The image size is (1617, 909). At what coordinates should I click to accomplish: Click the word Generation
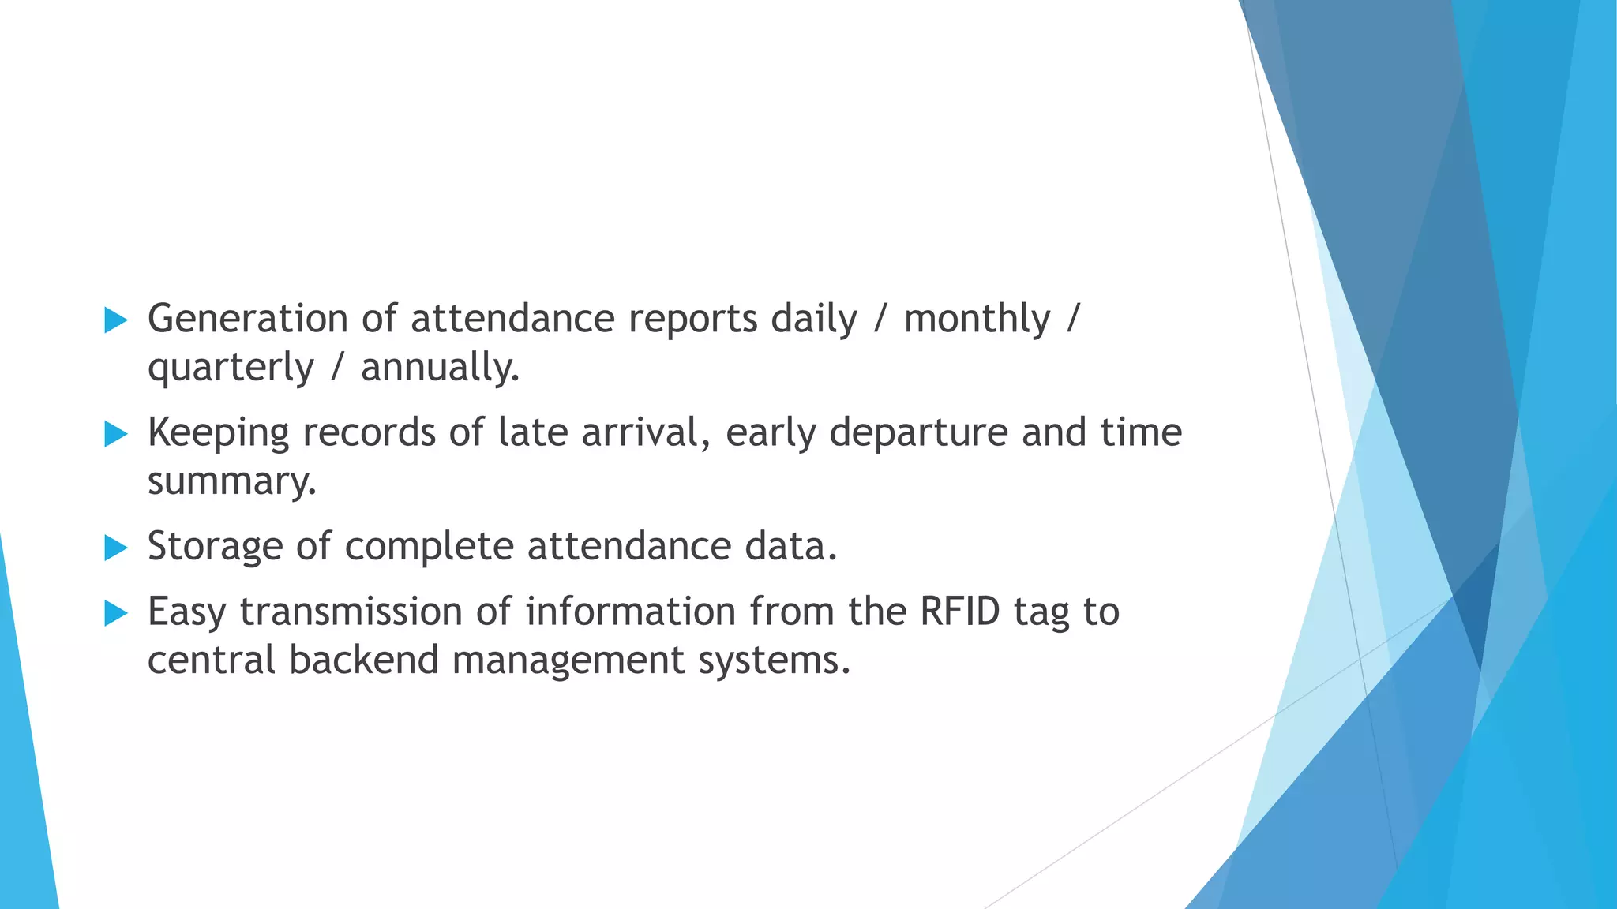coord(248,319)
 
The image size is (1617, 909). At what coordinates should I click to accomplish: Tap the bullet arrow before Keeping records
coord(116,434)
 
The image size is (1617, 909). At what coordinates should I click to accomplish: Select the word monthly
coord(977,320)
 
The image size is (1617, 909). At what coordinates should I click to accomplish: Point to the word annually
coord(440,368)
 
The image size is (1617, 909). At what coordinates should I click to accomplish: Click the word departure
coord(918,433)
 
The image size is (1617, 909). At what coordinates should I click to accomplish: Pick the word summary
coord(231,481)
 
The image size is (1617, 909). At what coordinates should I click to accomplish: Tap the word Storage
coord(215,547)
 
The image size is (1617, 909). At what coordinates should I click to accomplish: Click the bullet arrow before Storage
coord(116,548)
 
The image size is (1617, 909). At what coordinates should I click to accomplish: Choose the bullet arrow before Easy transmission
coord(116,613)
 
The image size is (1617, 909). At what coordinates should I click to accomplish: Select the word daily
coord(813,320)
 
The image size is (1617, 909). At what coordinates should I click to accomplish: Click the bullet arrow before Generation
coord(116,320)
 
